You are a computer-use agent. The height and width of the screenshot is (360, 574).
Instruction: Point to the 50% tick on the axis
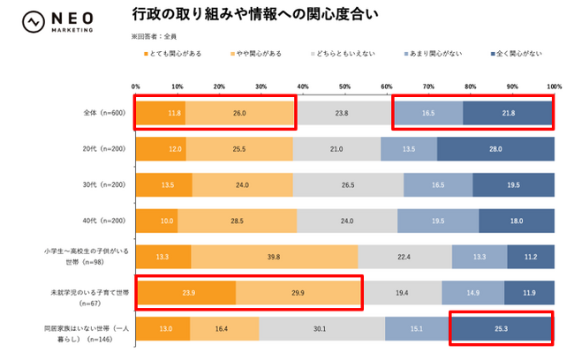coord(345,86)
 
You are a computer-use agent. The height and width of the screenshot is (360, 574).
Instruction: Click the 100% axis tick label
coord(554,86)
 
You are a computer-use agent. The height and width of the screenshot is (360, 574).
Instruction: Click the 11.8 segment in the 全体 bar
coord(161,114)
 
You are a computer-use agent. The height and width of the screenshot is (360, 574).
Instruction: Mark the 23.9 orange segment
coord(185,291)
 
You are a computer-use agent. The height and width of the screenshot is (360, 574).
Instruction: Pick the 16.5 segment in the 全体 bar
coord(428,114)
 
